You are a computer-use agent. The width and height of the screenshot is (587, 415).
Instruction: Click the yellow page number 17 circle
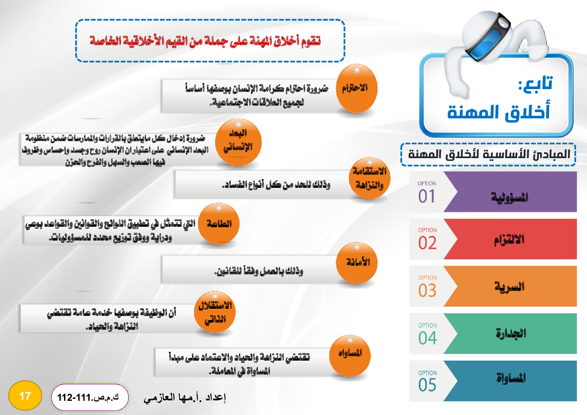(x=25, y=396)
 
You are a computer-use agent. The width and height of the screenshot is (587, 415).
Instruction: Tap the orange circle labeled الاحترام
(x=356, y=89)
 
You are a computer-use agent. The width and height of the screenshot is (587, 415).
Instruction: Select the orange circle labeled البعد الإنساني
(x=238, y=142)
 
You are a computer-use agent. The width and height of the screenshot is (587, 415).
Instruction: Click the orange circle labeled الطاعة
(x=219, y=223)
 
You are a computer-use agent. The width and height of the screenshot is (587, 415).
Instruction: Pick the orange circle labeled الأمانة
(x=356, y=263)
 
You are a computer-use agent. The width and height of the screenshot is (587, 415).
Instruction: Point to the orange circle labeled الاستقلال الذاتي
(x=215, y=312)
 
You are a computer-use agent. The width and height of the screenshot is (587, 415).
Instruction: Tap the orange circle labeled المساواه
(x=350, y=356)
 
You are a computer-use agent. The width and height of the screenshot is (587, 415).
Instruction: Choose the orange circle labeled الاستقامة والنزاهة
(x=369, y=178)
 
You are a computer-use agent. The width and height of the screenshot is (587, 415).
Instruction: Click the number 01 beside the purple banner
(x=427, y=196)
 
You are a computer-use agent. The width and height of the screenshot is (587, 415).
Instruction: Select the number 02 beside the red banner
(x=428, y=243)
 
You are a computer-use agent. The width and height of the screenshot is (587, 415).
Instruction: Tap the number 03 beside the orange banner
(x=428, y=291)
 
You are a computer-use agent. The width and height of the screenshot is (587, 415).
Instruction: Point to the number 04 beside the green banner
(x=428, y=338)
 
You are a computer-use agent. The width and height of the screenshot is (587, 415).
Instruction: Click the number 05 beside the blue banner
(x=428, y=385)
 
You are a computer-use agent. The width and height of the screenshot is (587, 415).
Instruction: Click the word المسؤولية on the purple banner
(x=510, y=197)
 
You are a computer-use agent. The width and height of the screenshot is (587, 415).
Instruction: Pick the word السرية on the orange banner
(x=510, y=287)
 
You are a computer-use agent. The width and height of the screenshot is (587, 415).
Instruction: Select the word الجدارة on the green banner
(x=511, y=333)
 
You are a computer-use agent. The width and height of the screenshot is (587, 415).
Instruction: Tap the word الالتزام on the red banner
(x=509, y=240)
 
